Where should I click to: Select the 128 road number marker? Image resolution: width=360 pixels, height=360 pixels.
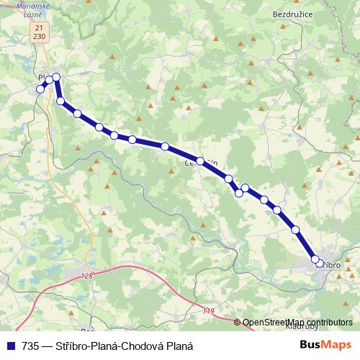pos(87,276)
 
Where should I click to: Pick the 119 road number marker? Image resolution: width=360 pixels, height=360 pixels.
pos(209,311)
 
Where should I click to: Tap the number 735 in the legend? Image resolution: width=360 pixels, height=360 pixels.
pos(31,346)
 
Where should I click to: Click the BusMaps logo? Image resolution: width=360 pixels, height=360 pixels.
pos(327,345)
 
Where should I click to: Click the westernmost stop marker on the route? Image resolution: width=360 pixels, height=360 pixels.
pos(40,89)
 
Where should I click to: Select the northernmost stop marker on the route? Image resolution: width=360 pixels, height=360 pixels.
pos(55,77)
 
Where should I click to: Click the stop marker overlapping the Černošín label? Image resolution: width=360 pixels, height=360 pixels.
pos(200,162)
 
